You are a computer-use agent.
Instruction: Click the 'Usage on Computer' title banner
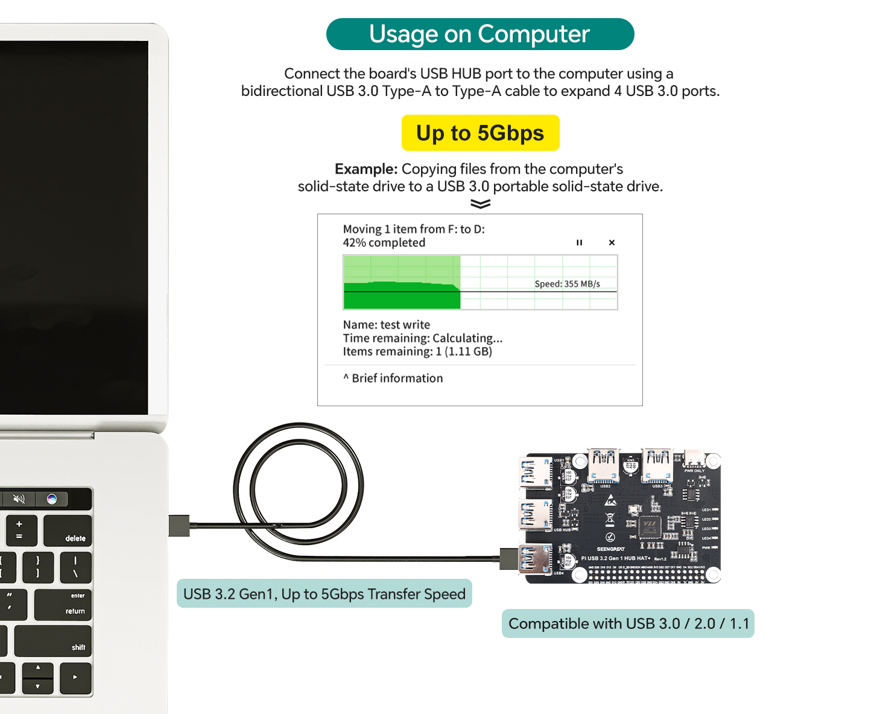[479, 34]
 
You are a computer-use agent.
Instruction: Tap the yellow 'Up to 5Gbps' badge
[480, 133]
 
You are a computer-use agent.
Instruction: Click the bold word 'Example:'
[366, 169]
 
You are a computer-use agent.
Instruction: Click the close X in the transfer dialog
[612, 243]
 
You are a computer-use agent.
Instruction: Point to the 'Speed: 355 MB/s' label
[567, 284]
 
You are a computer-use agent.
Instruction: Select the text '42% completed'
[384, 243]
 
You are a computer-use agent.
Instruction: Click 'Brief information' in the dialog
[397, 378]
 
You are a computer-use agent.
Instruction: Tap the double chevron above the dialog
[480, 204]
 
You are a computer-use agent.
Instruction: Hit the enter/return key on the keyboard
[63, 604]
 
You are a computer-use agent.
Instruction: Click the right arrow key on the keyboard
[75, 677]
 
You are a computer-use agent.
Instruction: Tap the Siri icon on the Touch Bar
[52, 499]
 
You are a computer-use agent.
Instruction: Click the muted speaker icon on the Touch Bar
[19, 499]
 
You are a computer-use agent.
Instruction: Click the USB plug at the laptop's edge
[179, 526]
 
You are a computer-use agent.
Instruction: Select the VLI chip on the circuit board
[649, 526]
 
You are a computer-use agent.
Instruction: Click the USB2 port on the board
[604, 465]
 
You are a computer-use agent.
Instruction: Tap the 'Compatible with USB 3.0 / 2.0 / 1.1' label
[628, 623]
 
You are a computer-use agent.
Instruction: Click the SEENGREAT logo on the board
[610, 549]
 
